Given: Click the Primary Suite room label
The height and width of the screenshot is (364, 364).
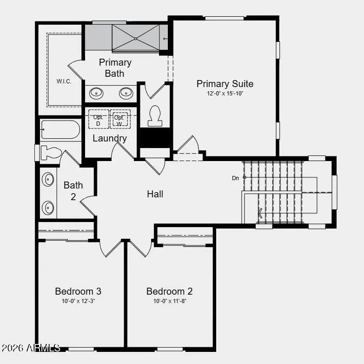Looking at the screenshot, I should point(225,84).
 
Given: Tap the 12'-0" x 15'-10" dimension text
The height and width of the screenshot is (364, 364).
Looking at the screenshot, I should point(225,94).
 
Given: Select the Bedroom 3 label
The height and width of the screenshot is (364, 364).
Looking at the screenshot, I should point(78,291).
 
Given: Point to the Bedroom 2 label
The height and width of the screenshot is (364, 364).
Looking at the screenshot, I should point(169,291).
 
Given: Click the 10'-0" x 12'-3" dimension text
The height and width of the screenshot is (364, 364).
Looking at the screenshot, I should point(78,301).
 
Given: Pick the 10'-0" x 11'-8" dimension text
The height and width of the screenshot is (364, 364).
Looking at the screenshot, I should point(169,301).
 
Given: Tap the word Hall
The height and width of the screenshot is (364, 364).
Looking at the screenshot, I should point(155,194).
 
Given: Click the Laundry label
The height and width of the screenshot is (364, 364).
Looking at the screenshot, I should point(110,138).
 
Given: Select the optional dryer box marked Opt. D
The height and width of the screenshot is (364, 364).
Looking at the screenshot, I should point(98,119).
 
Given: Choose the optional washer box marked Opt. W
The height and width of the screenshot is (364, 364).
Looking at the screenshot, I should point(120,119).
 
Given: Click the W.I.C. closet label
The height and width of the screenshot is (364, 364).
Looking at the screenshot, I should point(64,81).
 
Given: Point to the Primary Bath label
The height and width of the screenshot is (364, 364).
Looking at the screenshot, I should point(115,68).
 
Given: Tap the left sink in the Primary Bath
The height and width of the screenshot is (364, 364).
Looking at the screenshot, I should point(97,93).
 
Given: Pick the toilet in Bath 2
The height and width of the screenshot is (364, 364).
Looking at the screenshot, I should point(50,152).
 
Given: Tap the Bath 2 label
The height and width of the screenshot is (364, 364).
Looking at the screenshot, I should point(73,191).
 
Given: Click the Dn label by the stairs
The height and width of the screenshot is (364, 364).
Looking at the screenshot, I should point(236,178).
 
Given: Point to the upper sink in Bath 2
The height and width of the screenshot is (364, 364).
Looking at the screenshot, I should point(48,179).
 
